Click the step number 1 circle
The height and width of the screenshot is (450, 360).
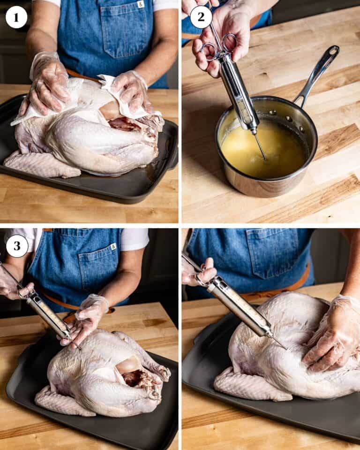coord(16,17)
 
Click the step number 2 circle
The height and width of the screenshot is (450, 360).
coord(201,17)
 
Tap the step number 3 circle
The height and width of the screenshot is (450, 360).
coord(17,246)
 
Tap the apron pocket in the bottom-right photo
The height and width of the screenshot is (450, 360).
coord(272,253)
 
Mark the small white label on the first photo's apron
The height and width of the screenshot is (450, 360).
coord(141,4)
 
